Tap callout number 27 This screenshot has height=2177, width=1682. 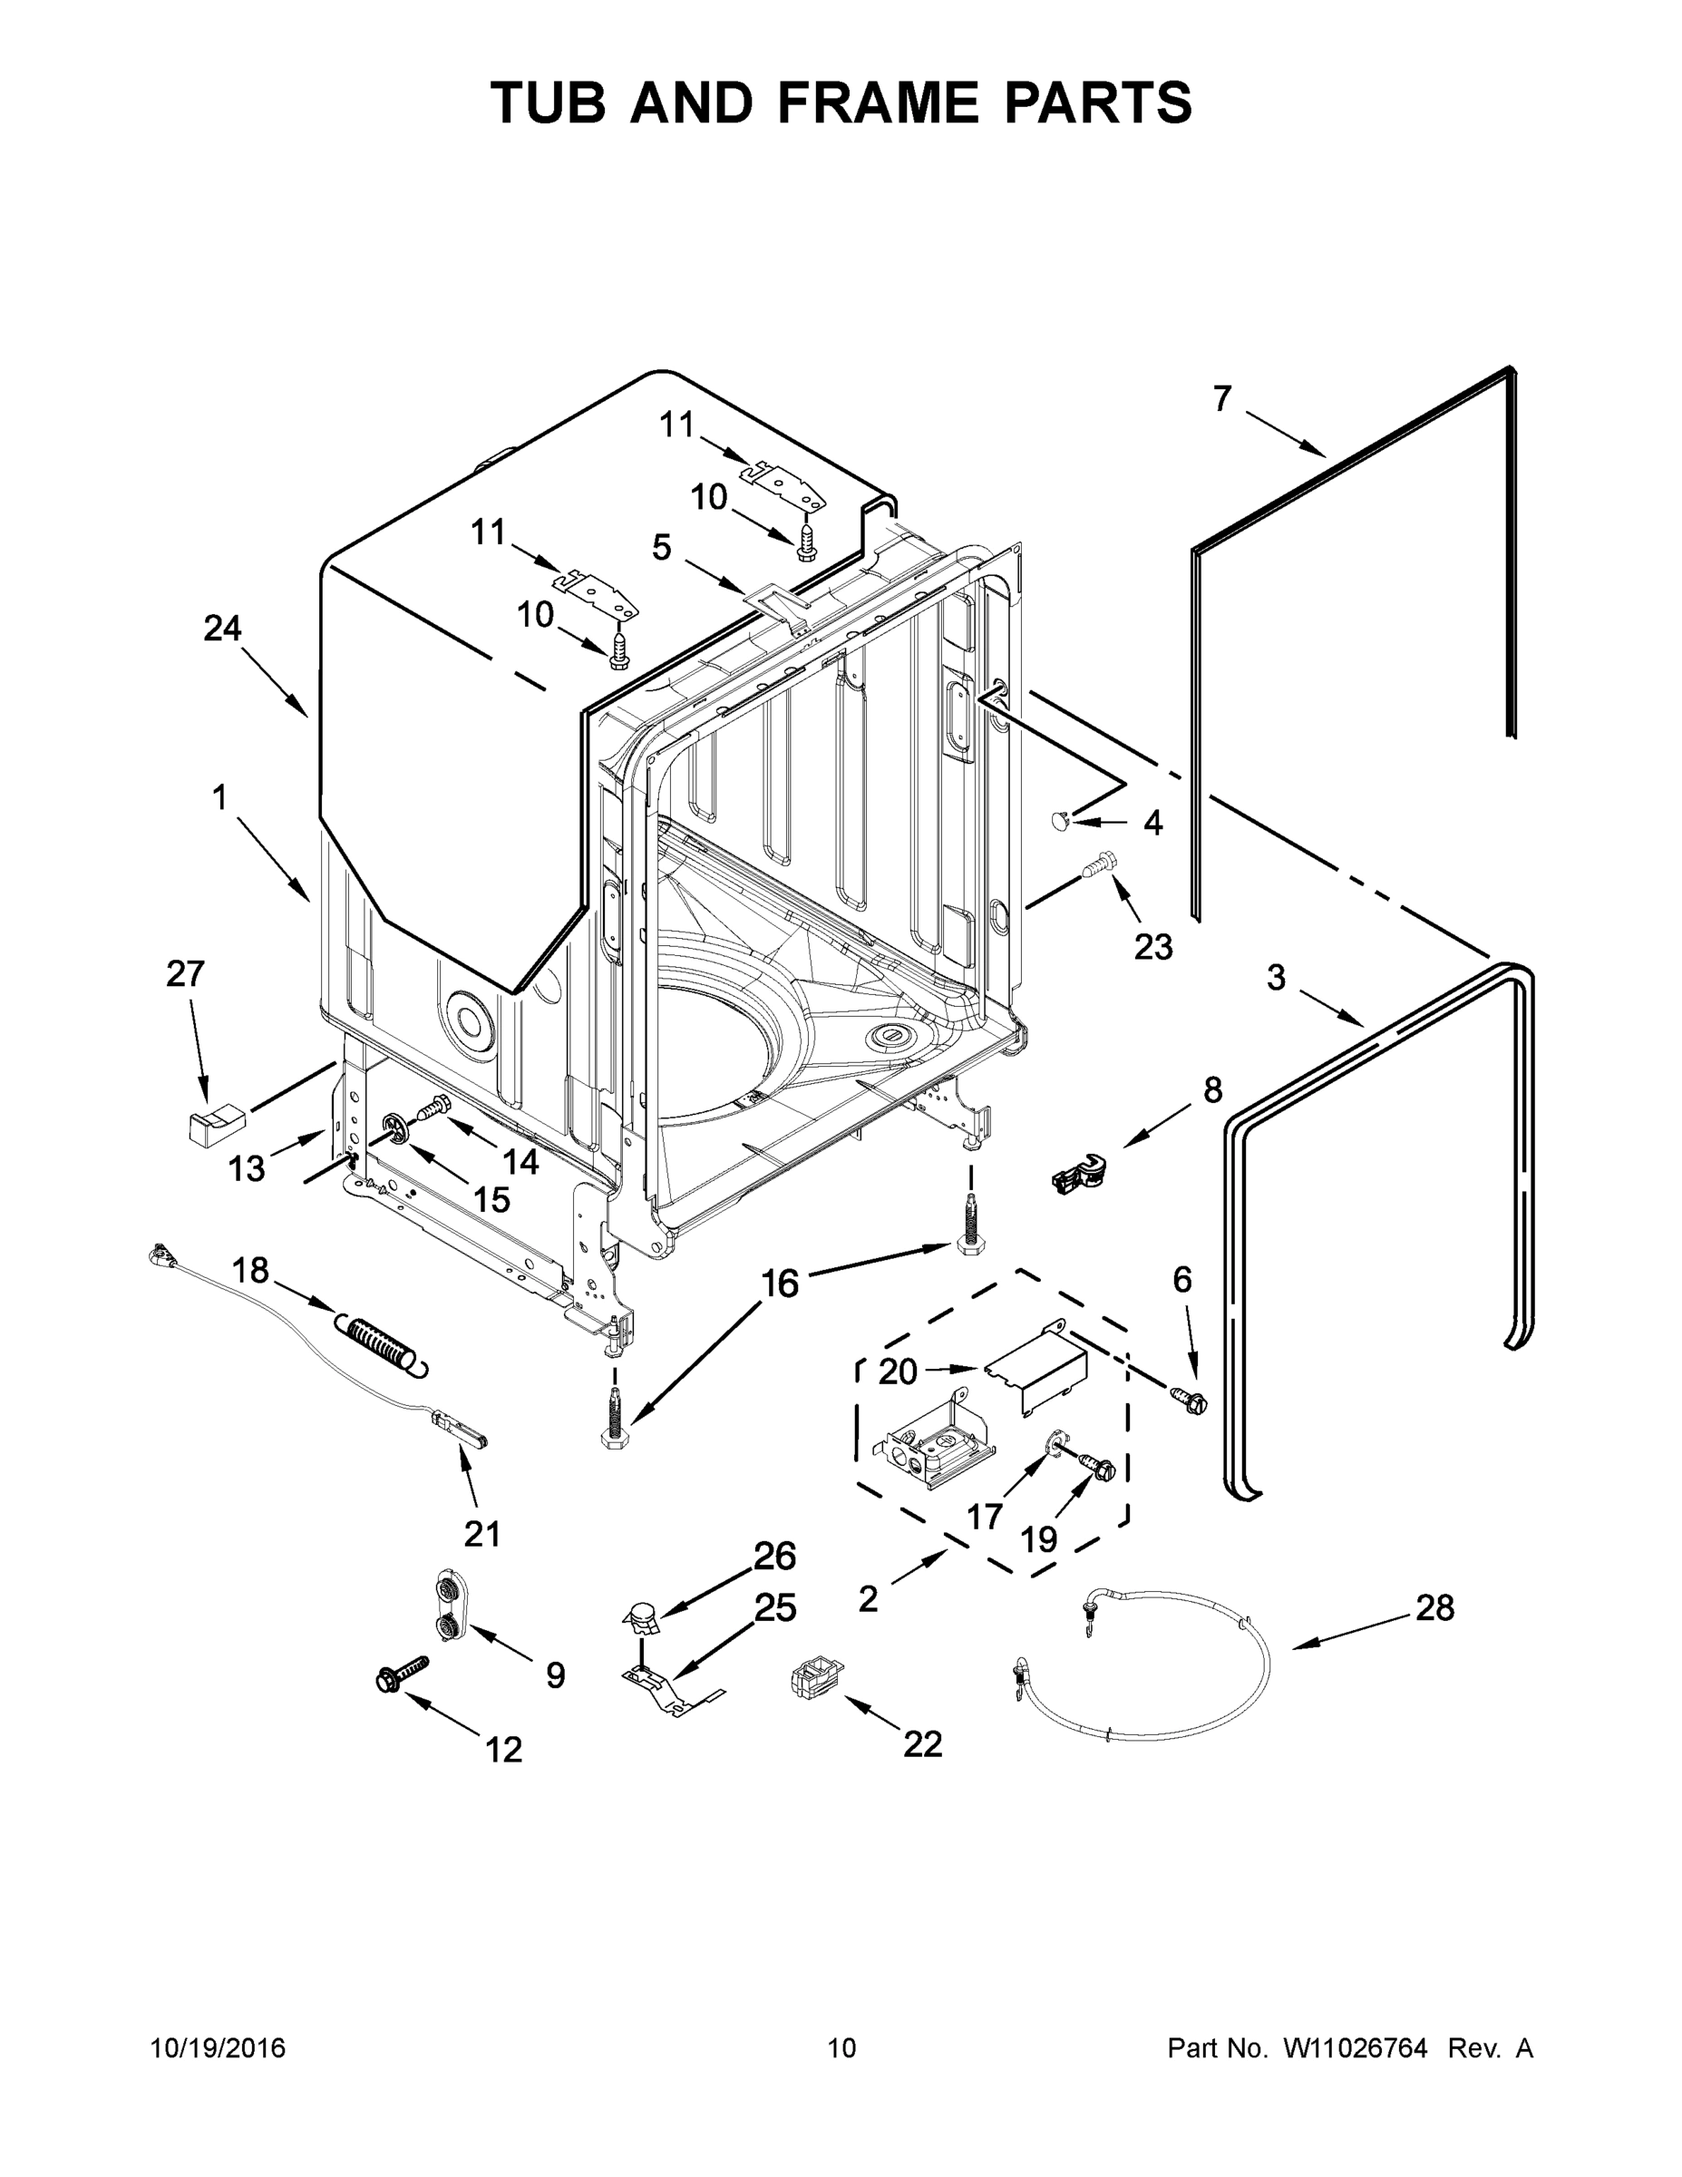point(185,974)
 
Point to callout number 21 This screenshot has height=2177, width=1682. point(482,1533)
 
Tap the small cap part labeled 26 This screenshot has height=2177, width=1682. point(643,1615)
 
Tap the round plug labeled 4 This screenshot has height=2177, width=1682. point(1059,820)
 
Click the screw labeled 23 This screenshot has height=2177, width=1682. point(1101,864)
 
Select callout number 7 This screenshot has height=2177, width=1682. point(1222,399)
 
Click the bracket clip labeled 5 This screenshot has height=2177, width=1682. point(777,602)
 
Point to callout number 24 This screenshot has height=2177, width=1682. point(222,628)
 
